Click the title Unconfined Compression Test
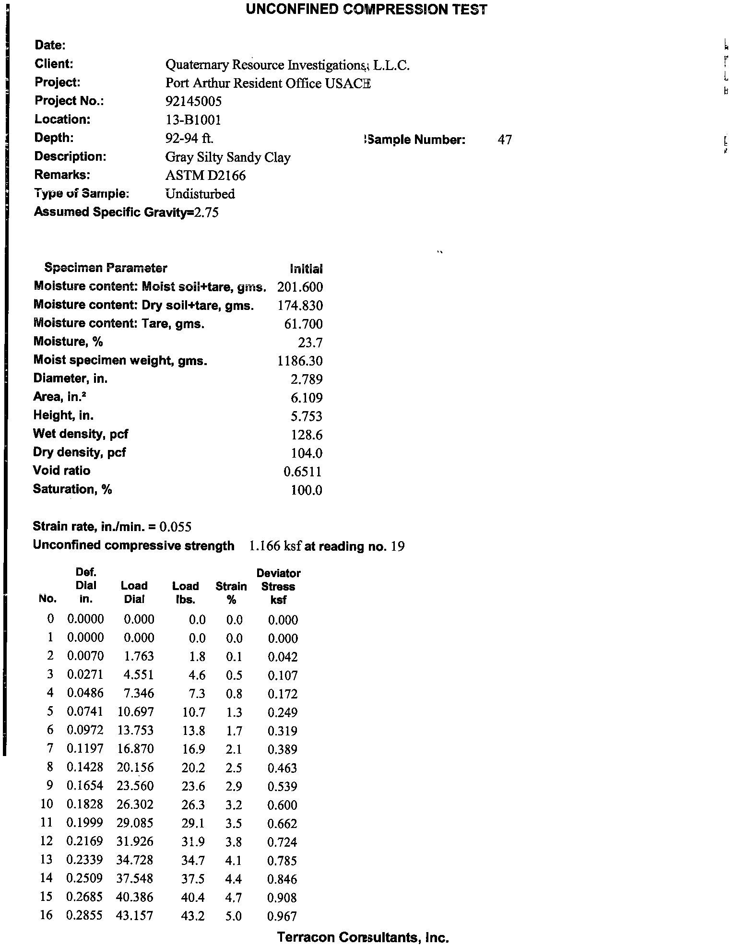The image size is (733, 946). tap(366, 10)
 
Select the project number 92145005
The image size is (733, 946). tap(193, 101)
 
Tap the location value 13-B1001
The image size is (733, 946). tap(193, 119)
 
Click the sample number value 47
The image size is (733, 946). tap(505, 140)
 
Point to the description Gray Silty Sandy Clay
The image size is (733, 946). tap(228, 157)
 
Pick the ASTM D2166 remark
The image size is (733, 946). tap(205, 176)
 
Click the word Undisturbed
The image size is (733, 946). tap(200, 194)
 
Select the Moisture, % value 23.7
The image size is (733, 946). tap(310, 343)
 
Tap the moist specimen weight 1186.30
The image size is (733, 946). tap(300, 361)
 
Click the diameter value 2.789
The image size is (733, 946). tap(307, 379)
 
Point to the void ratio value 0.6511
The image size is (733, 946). tap(303, 472)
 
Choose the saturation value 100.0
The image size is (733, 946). tap(307, 490)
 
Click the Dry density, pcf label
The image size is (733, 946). tap(79, 452)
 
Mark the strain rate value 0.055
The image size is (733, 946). tap(176, 527)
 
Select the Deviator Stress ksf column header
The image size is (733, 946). tap(278, 586)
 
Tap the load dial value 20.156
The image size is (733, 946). tap(135, 768)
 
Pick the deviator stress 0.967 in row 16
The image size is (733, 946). tap(282, 916)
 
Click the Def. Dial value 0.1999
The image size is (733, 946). tap(85, 823)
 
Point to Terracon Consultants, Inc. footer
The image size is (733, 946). tap(363, 937)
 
